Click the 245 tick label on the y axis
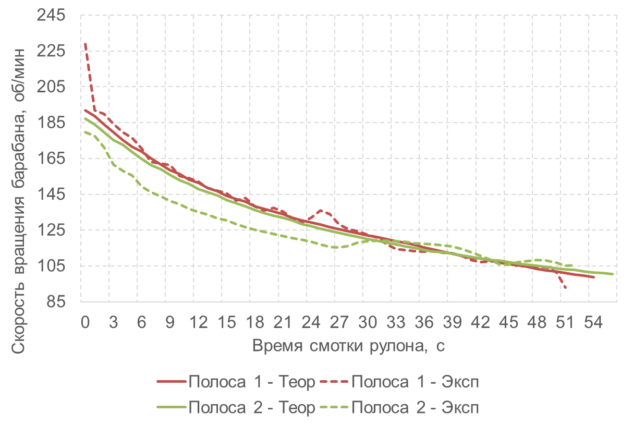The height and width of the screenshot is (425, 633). [51, 15]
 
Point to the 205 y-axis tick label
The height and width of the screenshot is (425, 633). [51, 87]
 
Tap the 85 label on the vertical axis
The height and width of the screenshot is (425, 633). [56, 301]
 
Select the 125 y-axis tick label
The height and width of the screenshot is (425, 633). [51, 230]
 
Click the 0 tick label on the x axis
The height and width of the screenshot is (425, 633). [85, 322]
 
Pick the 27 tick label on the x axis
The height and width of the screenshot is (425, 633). [339, 322]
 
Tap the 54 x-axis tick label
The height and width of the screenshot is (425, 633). [593, 322]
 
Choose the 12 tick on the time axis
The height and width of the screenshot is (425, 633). [198, 322]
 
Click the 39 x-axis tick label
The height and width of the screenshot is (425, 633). [452, 322]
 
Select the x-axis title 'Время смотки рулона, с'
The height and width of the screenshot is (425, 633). [348, 346]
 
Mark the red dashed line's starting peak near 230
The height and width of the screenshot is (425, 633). [85, 44]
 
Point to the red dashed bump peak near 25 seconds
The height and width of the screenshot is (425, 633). [321, 210]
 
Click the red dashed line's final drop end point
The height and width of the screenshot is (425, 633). [565, 288]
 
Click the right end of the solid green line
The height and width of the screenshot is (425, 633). [612, 274]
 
